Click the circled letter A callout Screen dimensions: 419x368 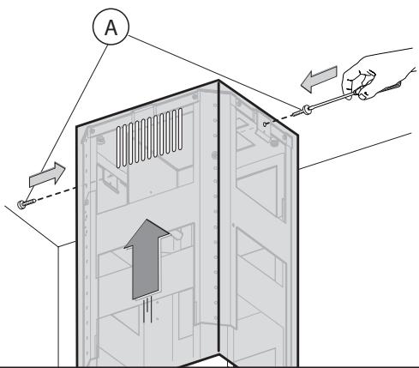pyautogui.click(x=111, y=27)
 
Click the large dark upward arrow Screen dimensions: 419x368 pyautogui.click(x=146, y=259)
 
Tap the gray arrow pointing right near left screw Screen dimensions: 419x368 pyautogui.click(x=47, y=175)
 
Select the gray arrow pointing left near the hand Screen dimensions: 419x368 pyautogui.click(x=319, y=79)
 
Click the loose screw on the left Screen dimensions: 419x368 pyautogui.click(x=26, y=203)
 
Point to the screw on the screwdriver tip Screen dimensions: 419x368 pyautogui.click(x=302, y=111)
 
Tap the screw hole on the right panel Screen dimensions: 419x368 pyautogui.click(x=266, y=124)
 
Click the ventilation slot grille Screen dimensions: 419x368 pyautogui.click(x=149, y=137)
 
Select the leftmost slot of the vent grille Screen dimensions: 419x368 pyautogui.click(x=118, y=147)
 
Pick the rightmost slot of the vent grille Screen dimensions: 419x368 pyautogui.click(x=180, y=129)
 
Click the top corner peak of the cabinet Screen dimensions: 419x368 pyautogui.click(x=218, y=81)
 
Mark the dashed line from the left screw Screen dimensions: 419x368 pyautogui.click(x=55, y=194)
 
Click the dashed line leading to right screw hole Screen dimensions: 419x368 pyautogui.click(x=279, y=119)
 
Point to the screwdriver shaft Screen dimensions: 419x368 pyautogui.click(x=332, y=100)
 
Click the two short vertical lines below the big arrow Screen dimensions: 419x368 pyautogui.click(x=147, y=310)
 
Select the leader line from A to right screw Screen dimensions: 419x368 pyautogui.click(x=214, y=72)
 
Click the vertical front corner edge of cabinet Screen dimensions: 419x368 pyautogui.click(x=218, y=217)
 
